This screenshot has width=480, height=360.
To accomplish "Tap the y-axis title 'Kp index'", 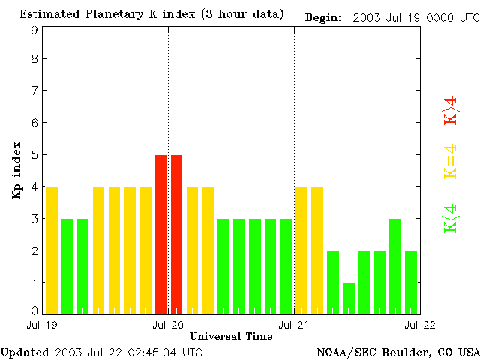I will (x=16, y=170).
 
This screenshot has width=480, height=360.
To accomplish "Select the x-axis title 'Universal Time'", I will (x=231, y=336).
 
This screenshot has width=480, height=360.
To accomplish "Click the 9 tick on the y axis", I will (x=34, y=30).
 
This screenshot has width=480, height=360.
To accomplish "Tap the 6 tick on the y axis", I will (x=34, y=123).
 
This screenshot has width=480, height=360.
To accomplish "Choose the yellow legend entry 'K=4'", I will (x=451, y=162).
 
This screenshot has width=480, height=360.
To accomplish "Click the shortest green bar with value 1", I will (x=349, y=298).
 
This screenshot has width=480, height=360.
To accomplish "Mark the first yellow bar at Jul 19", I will (x=52, y=250).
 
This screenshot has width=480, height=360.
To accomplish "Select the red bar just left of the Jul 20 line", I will (x=161, y=234).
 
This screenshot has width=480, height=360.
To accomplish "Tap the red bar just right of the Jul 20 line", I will (x=177, y=234).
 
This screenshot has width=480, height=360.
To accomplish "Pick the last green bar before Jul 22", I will (x=411, y=282).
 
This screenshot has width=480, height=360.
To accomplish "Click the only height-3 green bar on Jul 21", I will (x=395, y=266).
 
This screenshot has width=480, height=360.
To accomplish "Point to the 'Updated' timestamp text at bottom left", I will (x=101, y=351).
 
